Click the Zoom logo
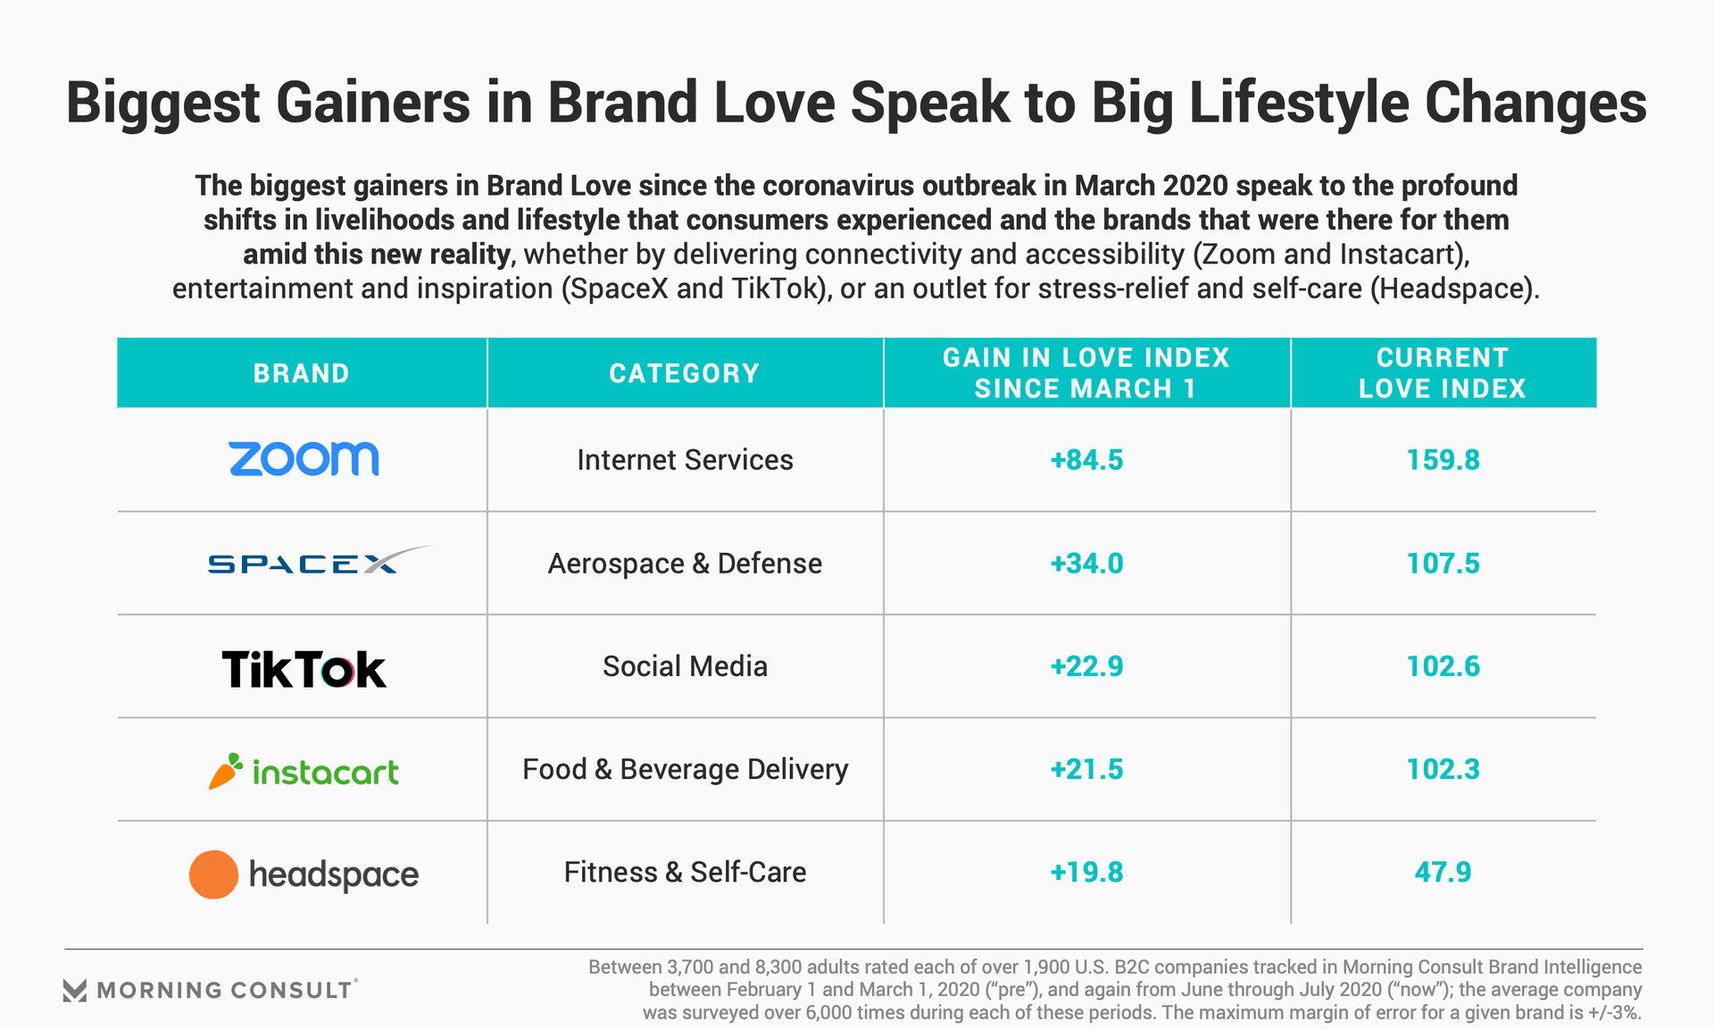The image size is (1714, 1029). coord(304,459)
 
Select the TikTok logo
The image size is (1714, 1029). coord(304,669)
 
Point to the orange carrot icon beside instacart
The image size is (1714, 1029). coord(226,771)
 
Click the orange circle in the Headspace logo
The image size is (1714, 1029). coord(213,874)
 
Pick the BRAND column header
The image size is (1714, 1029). coord(301,373)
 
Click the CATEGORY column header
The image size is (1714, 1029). coord(684,373)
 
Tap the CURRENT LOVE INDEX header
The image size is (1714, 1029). coord(1442,373)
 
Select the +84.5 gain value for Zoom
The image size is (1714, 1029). coord(1086,460)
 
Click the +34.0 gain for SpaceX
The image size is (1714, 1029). coord(1086,564)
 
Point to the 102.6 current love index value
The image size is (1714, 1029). coord(1443,666)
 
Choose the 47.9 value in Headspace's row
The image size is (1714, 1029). coord(1443,872)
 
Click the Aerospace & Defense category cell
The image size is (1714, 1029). coord(685,564)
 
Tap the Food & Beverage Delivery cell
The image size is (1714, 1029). coord(685,769)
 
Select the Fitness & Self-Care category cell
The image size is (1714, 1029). coord(685,872)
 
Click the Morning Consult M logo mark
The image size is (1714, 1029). coord(75,990)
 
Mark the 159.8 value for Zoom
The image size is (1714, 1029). coord(1443,460)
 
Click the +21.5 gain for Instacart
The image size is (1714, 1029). coord(1086,769)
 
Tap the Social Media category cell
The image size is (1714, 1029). coord(685,666)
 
